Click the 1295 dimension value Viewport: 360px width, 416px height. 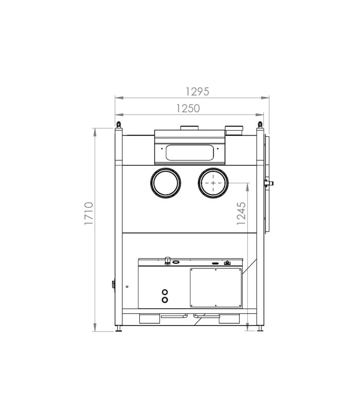pos(197,92)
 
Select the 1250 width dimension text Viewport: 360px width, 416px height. pos(188,108)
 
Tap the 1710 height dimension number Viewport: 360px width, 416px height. pos(89,213)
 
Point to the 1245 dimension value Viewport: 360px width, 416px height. pos(241,213)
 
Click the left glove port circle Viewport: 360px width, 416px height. pos(151,183)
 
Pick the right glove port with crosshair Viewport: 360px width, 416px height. pos(199,183)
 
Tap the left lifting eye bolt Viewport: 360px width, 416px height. pos(119,124)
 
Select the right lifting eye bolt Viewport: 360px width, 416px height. pos(260,124)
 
